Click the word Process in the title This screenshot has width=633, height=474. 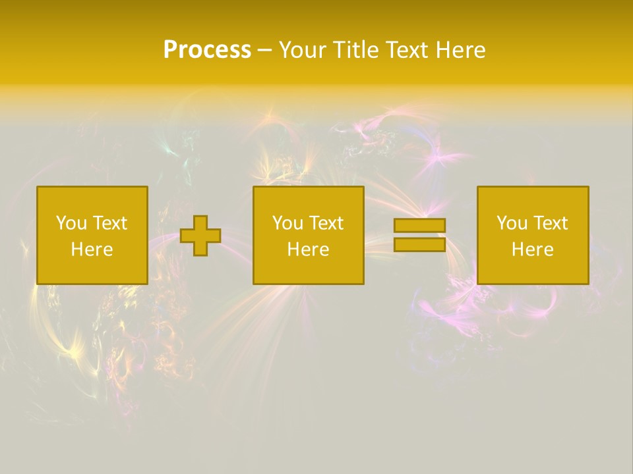click(207, 50)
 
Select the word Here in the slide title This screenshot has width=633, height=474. click(461, 50)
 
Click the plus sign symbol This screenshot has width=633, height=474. click(200, 236)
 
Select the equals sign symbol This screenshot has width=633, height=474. click(419, 235)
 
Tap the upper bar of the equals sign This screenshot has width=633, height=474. click(419, 226)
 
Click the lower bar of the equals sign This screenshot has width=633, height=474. click(419, 244)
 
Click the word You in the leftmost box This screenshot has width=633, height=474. click(71, 223)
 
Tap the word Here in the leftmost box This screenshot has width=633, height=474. click(92, 250)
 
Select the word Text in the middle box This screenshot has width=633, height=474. click(326, 223)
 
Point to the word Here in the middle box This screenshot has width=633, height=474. click(309, 250)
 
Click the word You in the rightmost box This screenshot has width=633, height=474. click(511, 223)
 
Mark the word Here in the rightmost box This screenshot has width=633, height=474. click(533, 250)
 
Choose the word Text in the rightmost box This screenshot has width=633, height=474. click(550, 223)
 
